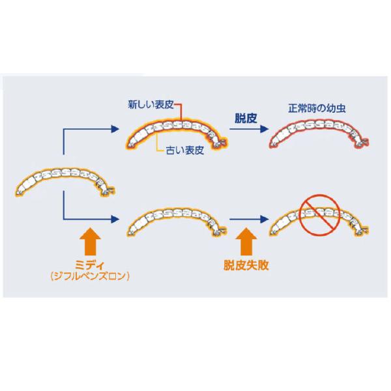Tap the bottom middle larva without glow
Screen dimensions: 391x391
175,220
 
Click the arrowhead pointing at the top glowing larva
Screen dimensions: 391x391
117,130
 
